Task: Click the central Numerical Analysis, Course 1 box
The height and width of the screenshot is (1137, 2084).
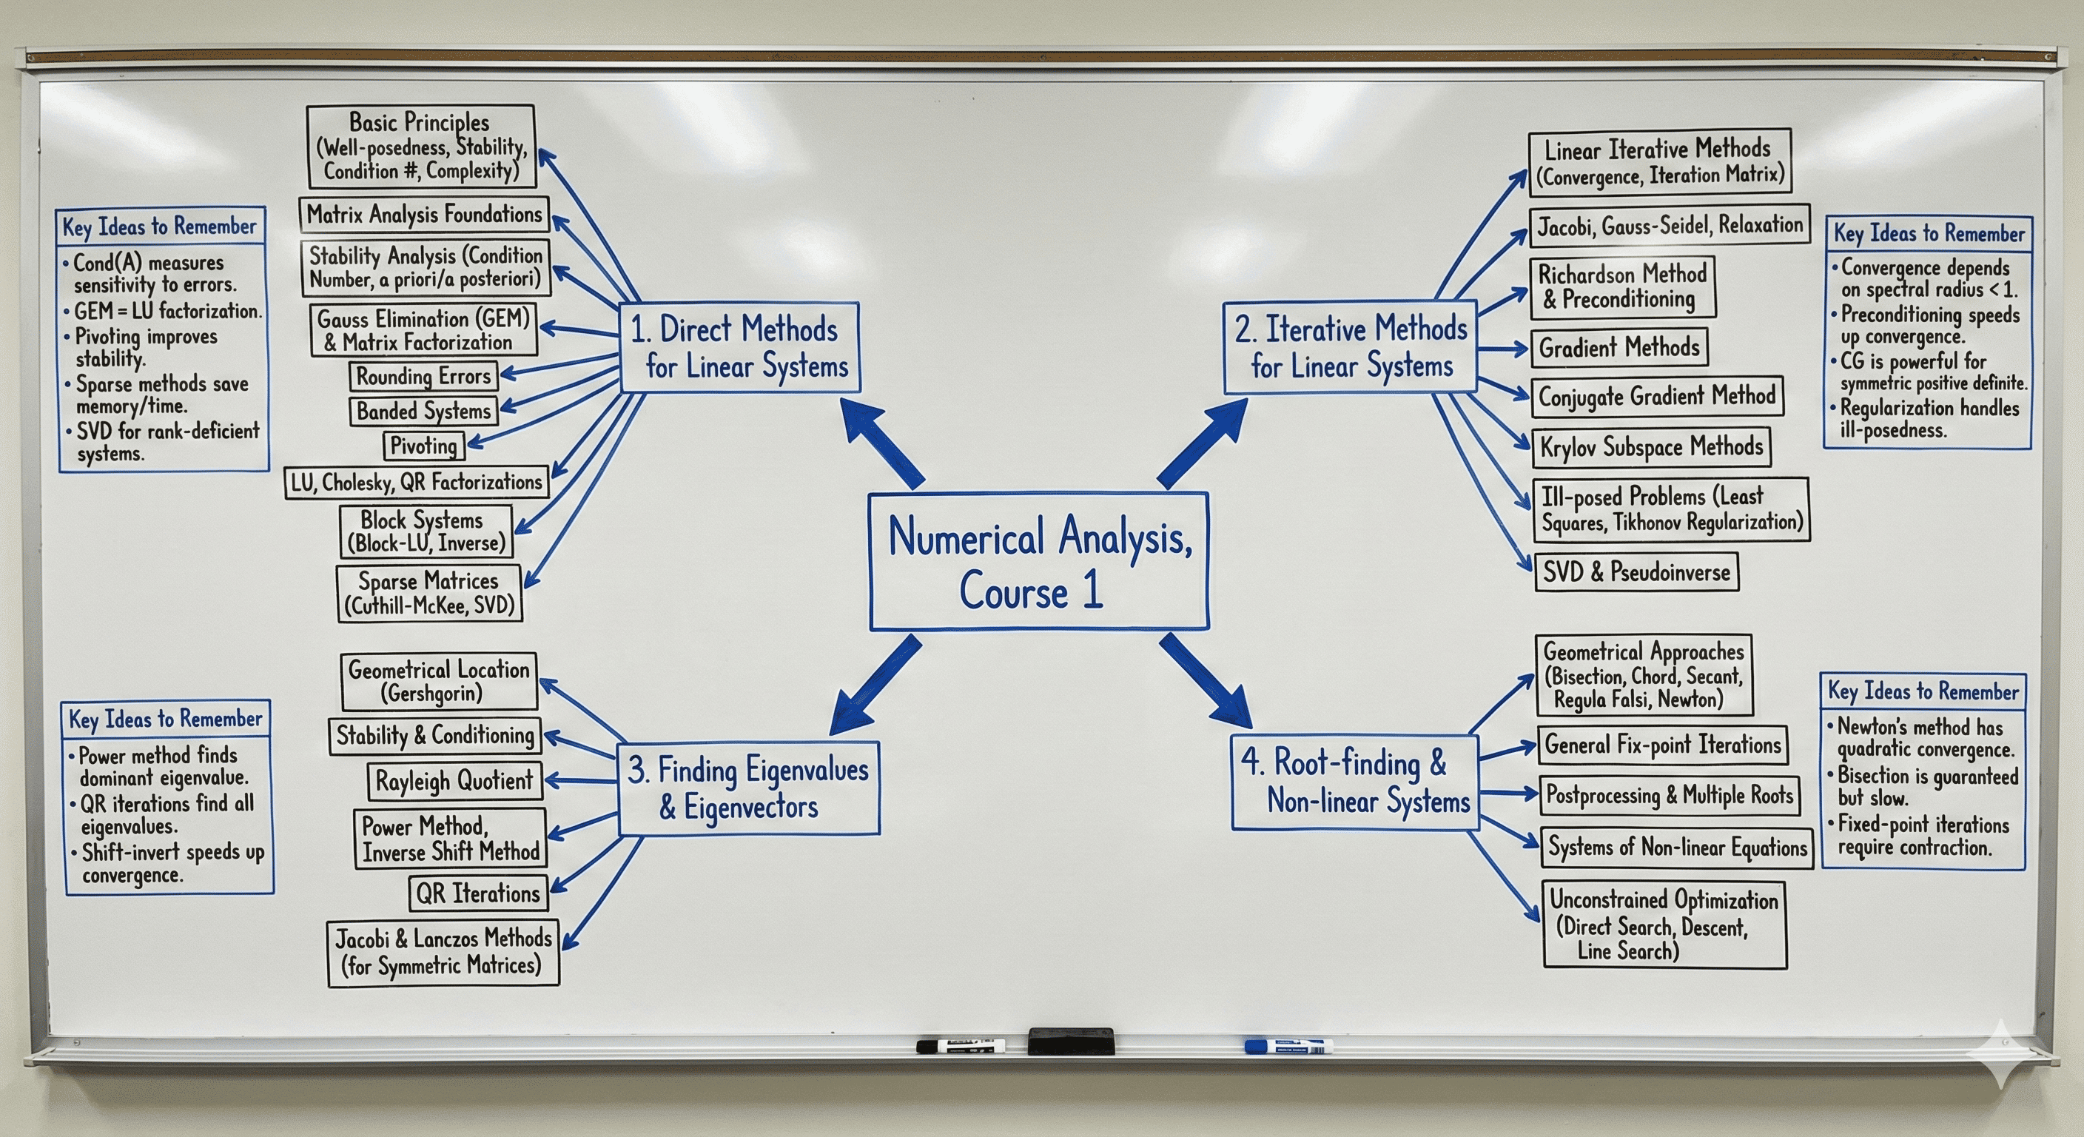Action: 1039,562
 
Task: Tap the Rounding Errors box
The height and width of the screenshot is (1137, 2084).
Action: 423,376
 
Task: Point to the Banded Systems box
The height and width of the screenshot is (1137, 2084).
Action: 423,411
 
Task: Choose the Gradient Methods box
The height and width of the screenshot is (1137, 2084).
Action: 1619,348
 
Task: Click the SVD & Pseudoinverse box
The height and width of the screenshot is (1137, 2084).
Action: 1636,572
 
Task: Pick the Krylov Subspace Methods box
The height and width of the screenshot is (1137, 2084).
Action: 1650,446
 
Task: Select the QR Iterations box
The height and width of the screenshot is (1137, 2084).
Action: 477,893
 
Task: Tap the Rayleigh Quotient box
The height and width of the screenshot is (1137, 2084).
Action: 454,781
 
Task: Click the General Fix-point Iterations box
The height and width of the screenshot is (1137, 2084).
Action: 1662,745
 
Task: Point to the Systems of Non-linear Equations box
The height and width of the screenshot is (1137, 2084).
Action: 1676,848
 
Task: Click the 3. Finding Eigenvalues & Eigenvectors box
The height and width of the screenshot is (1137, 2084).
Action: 748,788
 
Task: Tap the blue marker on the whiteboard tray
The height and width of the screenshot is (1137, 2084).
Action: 1288,1047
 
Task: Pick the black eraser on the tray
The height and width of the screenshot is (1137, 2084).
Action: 1070,1042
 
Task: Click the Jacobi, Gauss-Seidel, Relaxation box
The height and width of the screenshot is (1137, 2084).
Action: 1669,226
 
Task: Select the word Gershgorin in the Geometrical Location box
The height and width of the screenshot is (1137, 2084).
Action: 432,694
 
